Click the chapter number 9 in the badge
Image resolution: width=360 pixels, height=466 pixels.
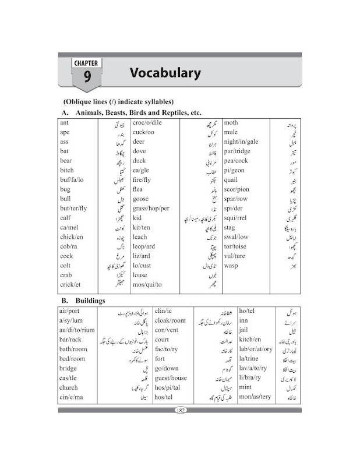(x=87, y=76)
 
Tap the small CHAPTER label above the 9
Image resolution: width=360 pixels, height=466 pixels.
(x=87, y=62)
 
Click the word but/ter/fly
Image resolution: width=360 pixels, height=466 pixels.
(x=73, y=208)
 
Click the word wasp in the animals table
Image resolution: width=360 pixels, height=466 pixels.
(x=232, y=266)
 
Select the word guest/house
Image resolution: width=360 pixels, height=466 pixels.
(x=175, y=378)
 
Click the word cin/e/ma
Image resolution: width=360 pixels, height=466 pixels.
(x=73, y=397)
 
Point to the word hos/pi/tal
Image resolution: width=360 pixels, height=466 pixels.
(x=170, y=387)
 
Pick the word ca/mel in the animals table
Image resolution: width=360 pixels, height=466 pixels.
(x=70, y=227)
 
